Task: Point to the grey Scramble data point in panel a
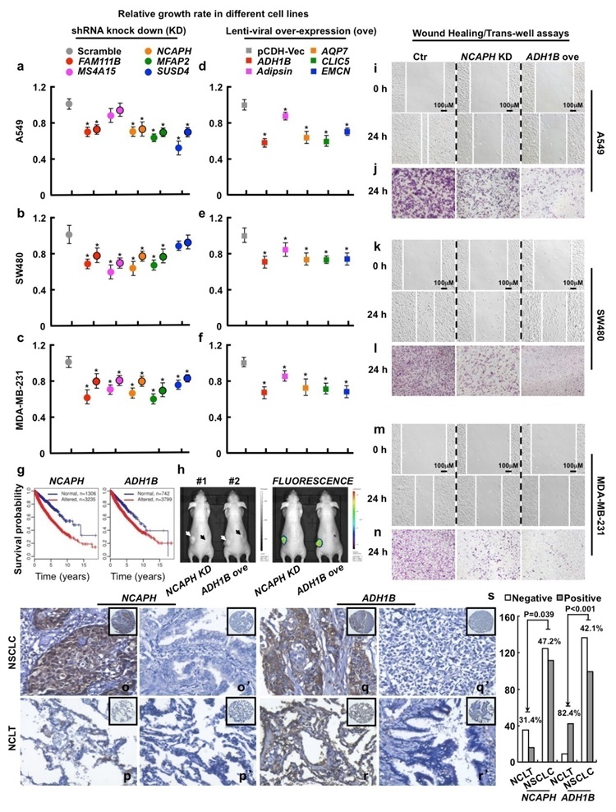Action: [x=69, y=104]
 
